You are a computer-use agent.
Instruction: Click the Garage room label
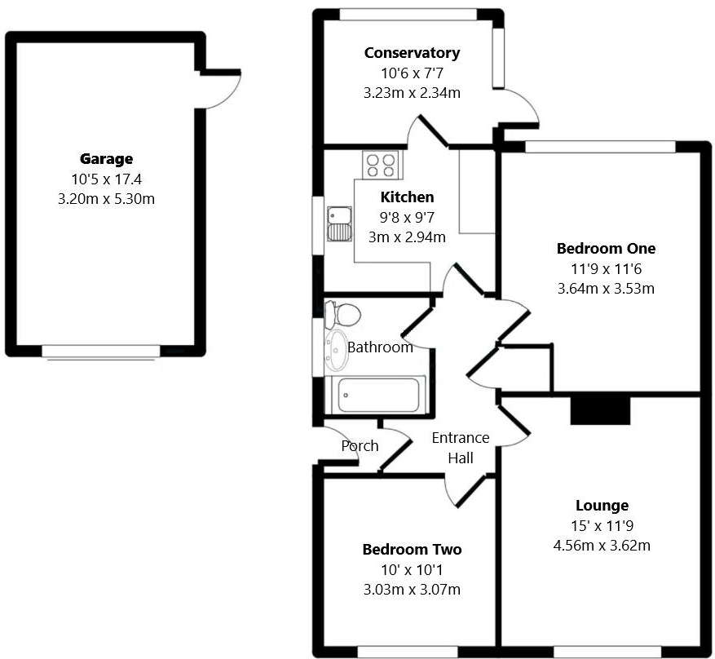pyautogui.click(x=106, y=159)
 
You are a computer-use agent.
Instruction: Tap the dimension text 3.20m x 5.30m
pyautogui.click(x=106, y=197)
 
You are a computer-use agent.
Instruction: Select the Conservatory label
pyautogui.click(x=412, y=53)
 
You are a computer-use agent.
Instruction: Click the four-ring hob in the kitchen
pyautogui.click(x=381, y=165)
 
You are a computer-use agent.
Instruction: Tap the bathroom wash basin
pyautogui.click(x=335, y=350)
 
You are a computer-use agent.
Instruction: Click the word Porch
pyautogui.click(x=360, y=445)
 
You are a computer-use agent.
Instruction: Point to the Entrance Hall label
pyautogui.click(x=461, y=448)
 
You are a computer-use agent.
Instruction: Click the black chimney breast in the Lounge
pyautogui.click(x=600, y=410)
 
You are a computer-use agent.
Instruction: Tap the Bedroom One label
pyautogui.click(x=606, y=249)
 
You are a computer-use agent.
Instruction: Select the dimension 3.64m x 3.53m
pyautogui.click(x=606, y=288)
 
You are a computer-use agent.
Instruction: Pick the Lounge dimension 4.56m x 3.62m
pyautogui.click(x=602, y=546)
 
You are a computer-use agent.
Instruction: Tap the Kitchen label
pyautogui.click(x=407, y=197)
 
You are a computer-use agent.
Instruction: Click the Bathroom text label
pyautogui.click(x=380, y=347)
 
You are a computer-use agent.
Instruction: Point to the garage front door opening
pyautogui.click(x=101, y=352)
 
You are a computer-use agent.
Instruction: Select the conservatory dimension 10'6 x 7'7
pyautogui.click(x=412, y=73)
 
